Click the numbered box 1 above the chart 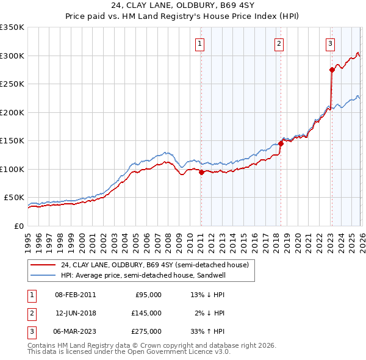(200, 43)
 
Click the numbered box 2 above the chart (279, 43)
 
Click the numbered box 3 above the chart (330, 43)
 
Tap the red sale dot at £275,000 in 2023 (332, 70)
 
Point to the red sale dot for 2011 (201, 172)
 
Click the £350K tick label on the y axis (12, 27)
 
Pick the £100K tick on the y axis (12, 169)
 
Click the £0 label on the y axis (18, 226)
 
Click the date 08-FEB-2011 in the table (75, 295)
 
